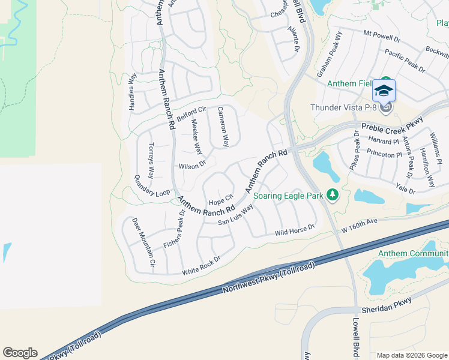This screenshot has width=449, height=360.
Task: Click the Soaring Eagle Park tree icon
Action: (x=331, y=196)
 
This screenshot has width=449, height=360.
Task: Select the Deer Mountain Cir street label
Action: (x=144, y=241)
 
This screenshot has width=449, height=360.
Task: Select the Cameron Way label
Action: (x=223, y=127)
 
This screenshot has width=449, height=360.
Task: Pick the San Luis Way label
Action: (x=235, y=214)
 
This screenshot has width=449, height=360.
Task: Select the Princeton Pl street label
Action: (x=384, y=155)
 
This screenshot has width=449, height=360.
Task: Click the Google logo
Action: (x=20, y=353)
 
